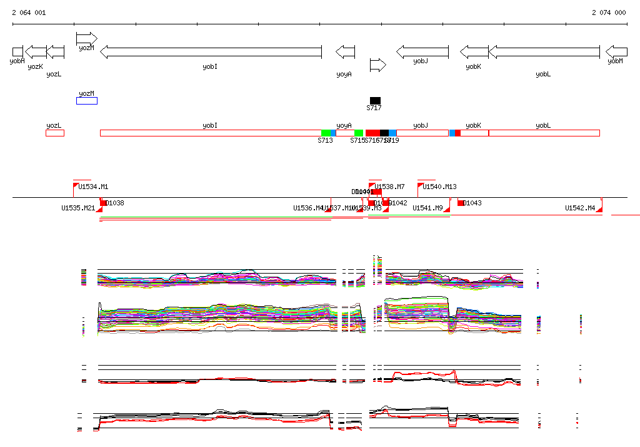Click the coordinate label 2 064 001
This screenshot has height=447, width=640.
tap(28, 13)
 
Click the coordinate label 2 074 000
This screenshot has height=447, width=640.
tap(609, 13)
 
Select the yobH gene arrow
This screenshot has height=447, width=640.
tap(17, 51)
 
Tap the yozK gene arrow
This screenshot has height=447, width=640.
tap(36, 51)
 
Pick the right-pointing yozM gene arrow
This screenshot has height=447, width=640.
tap(86, 38)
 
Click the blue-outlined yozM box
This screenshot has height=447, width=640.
tap(87, 101)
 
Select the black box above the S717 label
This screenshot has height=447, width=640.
tap(375, 100)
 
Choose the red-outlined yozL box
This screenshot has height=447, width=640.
tap(55, 133)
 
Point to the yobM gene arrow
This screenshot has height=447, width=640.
tap(617, 51)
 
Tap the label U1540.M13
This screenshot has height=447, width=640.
tap(440, 187)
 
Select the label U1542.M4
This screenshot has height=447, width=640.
tap(580, 208)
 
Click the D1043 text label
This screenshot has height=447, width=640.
tap(472, 203)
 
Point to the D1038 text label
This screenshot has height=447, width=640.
tap(115, 203)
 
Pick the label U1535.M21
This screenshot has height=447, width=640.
tap(78, 208)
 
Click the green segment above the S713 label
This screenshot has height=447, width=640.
tap(326, 133)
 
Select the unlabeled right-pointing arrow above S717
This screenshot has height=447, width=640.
tap(377, 64)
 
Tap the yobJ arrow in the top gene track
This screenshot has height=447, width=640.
tap(422, 51)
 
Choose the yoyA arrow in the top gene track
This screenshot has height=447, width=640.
tap(346, 51)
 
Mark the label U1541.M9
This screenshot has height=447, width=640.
tap(427, 208)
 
